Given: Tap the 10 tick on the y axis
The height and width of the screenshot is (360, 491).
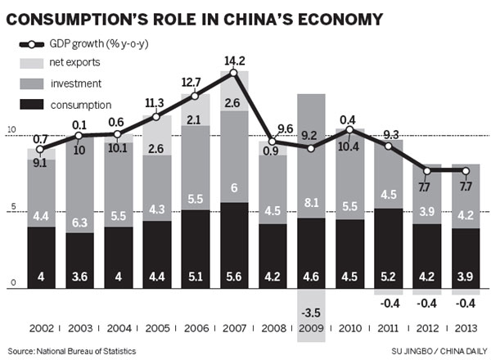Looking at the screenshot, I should [x=10, y=131].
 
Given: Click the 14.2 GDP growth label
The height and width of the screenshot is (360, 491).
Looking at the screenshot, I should [x=234, y=59].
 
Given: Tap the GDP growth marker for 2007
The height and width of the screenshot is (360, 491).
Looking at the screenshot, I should [x=234, y=74].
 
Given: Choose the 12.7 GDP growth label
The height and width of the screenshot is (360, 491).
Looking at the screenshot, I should [x=195, y=82].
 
